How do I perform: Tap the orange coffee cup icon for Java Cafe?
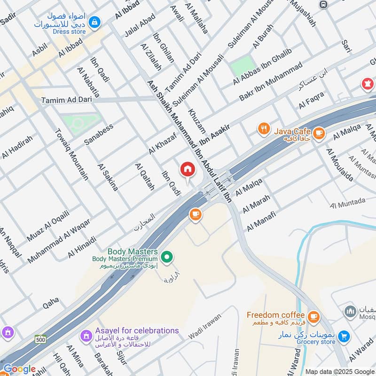pyautogui.click(x=319, y=133)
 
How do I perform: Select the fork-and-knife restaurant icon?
pyautogui.click(x=264, y=128)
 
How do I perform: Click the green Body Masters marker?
pyautogui.click(x=166, y=257)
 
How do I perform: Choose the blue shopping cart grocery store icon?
pyautogui.click(x=344, y=336)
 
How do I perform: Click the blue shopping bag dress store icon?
pyautogui.click(x=95, y=22)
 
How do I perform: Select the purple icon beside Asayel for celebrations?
pyautogui.click(x=86, y=336)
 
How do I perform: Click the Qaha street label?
pyautogui.click(x=51, y=300)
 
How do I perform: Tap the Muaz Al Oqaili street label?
pyautogui.click(x=48, y=227)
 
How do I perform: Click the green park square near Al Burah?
pyautogui.click(x=242, y=68)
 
